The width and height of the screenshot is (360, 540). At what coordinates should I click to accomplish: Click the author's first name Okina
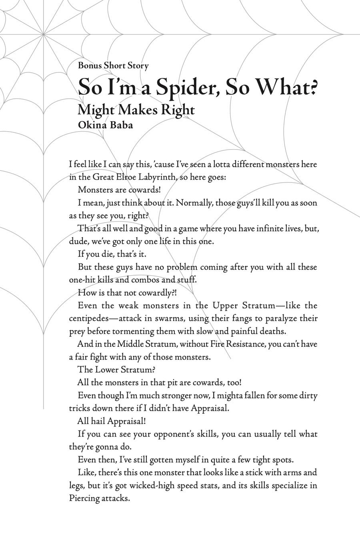coord(91,125)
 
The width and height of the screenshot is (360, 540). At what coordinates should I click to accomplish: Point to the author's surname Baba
coord(120,125)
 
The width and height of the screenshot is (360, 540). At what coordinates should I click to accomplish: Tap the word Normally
coord(194,203)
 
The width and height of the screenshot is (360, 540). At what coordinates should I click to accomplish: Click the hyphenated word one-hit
coord(83,280)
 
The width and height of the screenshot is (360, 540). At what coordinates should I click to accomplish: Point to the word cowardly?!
coord(156,293)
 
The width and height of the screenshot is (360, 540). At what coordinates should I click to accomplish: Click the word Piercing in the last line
coord(83,498)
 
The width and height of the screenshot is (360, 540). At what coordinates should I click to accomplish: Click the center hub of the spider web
coord(43,34)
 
